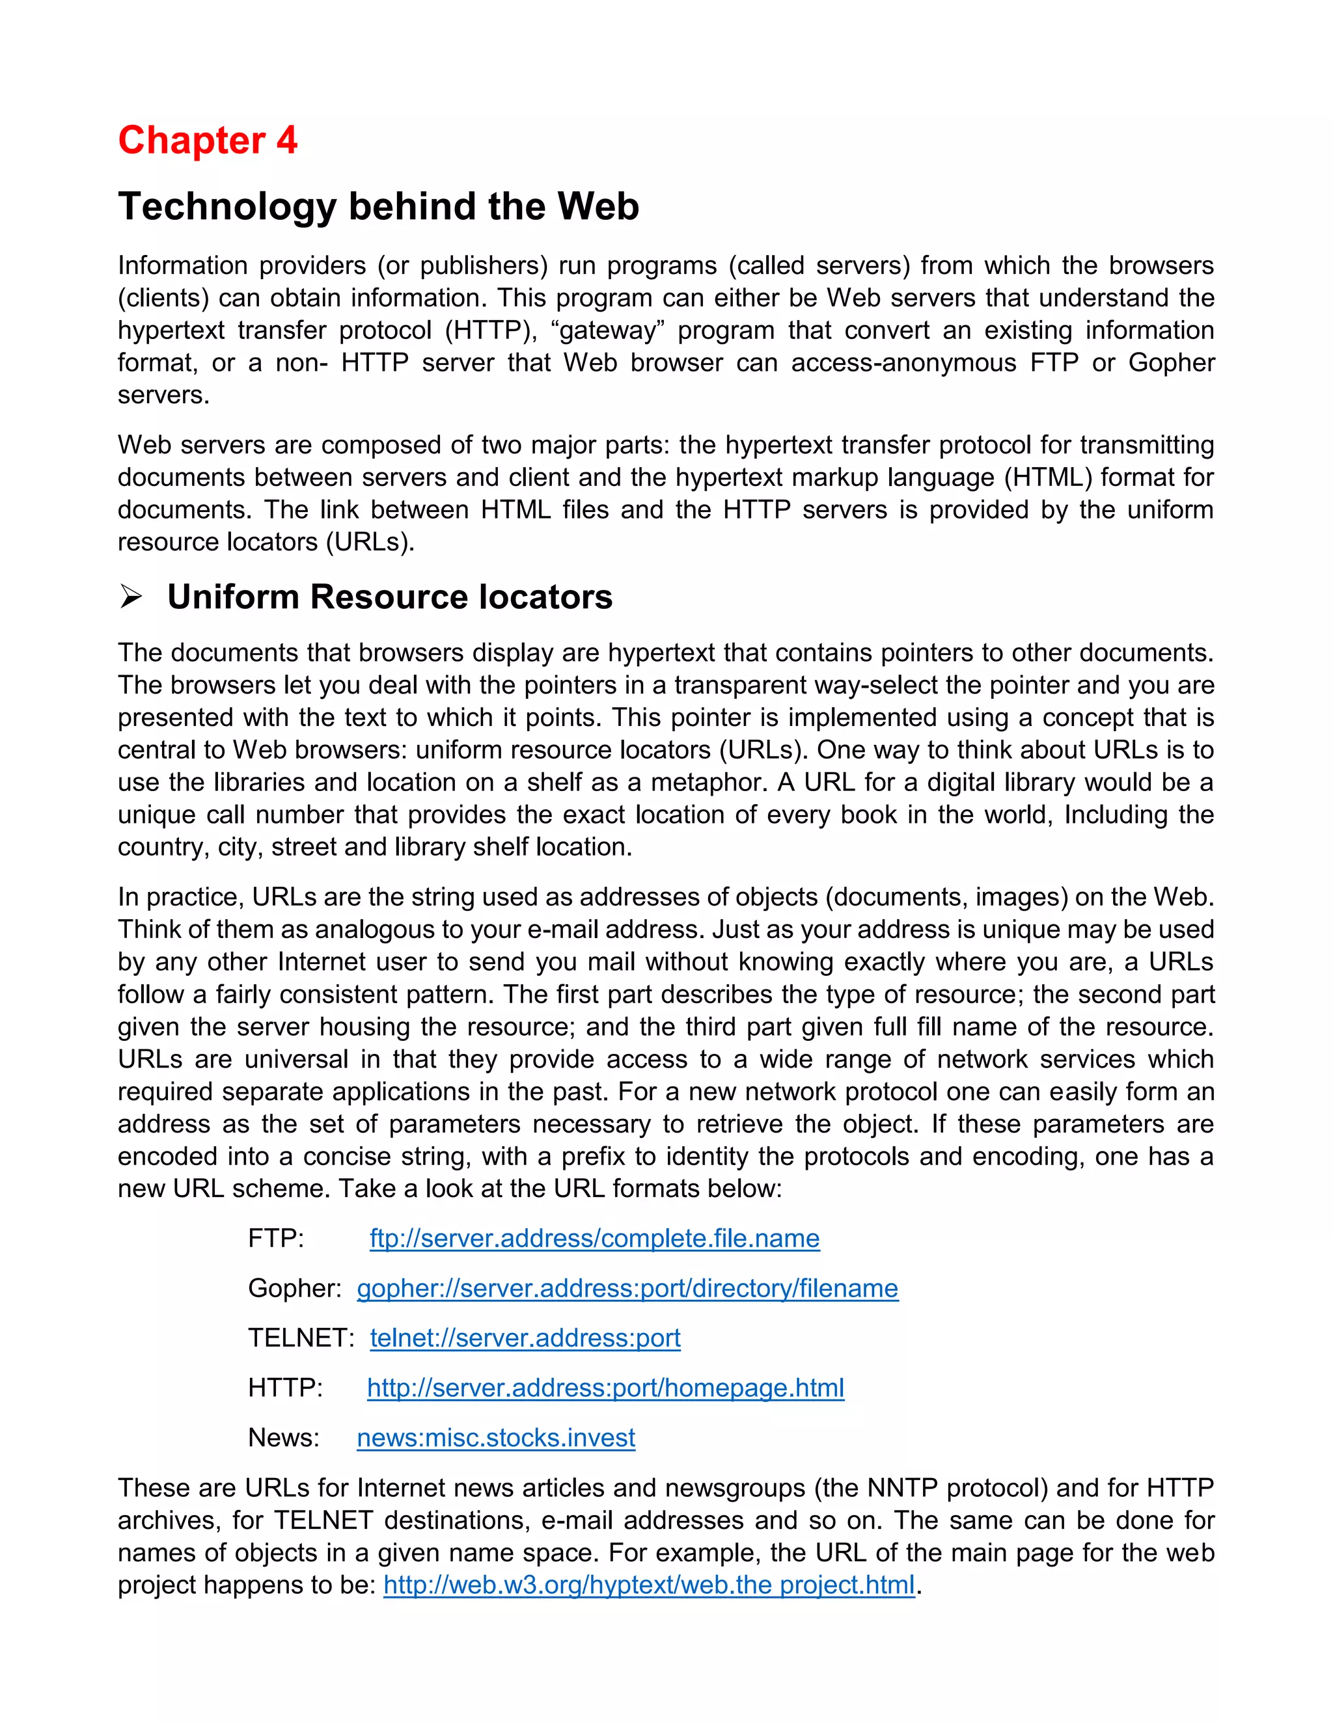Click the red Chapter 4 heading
[208, 141]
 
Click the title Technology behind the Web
[378, 207]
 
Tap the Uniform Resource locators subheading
[389, 597]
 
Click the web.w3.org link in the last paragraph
[648, 1584]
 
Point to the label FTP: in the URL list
[275, 1238]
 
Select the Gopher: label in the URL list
[294, 1287]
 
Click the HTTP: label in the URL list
[285, 1387]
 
